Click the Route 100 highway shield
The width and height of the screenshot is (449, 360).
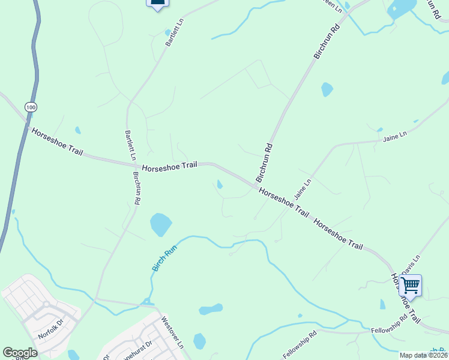click(31, 106)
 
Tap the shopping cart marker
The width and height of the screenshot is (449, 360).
click(410, 286)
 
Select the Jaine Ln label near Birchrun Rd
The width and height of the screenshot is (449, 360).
click(303, 190)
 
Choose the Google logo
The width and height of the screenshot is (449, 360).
click(20, 353)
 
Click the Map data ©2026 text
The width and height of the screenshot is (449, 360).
click(423, 355)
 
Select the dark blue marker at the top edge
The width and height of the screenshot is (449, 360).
click(157, 4)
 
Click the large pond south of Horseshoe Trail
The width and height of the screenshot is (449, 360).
click(160, 224)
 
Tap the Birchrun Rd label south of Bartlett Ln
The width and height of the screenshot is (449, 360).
click(137, 189)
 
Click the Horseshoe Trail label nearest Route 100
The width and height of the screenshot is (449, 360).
click(57, 142)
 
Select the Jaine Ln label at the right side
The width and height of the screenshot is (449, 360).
click(394, 137)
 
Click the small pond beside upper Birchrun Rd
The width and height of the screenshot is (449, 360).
click(327, 89)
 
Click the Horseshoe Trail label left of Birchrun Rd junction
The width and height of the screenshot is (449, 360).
click(169, 166)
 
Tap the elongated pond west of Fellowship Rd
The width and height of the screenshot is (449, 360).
click(211, 310)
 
